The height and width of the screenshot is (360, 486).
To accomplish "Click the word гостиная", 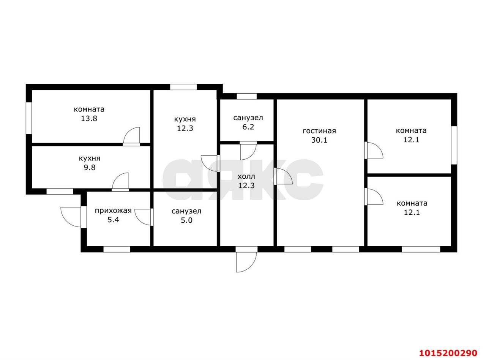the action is pos(319,131).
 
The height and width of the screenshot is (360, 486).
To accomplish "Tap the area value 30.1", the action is pos(319,140).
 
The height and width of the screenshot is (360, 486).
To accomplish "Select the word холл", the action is pos(246,176).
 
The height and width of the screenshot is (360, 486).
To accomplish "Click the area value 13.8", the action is pos(89,119).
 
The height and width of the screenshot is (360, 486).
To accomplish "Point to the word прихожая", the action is pos(113,211).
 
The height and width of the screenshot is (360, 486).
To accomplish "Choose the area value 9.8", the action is pos(90,168).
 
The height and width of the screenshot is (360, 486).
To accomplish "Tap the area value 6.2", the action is pos(248,127).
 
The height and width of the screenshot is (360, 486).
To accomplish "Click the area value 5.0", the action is pos(186,220).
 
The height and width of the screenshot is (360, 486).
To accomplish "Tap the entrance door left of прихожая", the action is pos(71,217).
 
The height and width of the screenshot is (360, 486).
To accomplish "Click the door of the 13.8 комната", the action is pos(131,136).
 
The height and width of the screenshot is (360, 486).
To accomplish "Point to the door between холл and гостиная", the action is pos(283,176).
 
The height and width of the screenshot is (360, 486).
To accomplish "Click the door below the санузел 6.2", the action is pos(248,151).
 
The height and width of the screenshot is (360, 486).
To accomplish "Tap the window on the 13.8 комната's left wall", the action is pos(29,118).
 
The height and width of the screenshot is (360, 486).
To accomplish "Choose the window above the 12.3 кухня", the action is pos(183,87).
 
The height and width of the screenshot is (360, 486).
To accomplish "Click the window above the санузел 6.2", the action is pos(246,96).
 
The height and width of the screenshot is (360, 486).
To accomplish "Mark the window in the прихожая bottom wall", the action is pos(117,249).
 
